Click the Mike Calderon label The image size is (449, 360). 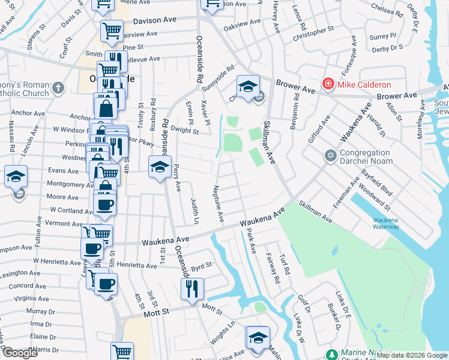(364, 85)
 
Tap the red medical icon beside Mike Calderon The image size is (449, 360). (328, 84)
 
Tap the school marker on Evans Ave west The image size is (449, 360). (16, 176)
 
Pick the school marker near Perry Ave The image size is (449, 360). (160, 166)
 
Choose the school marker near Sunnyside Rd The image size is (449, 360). (247, 86)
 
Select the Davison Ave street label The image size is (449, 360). (155, 20)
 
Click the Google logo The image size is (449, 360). (20, 353)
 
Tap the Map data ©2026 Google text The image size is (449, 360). (412, 355)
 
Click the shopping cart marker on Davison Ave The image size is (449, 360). (112, 30)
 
